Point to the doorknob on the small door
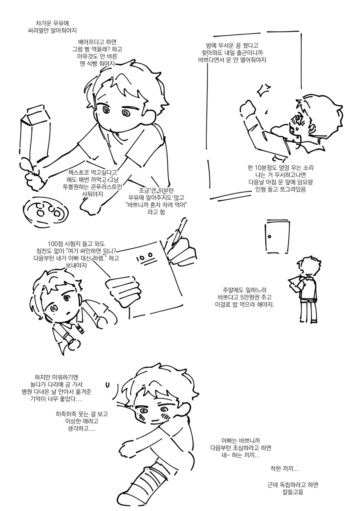pyautogui.click(x=270, y=236)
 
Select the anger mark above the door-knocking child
pyautogui.click(x=263, y=90)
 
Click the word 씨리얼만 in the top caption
pyautogui.click(x=37, y=31)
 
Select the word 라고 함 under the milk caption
pyautogui.click(x=156, y=212)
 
